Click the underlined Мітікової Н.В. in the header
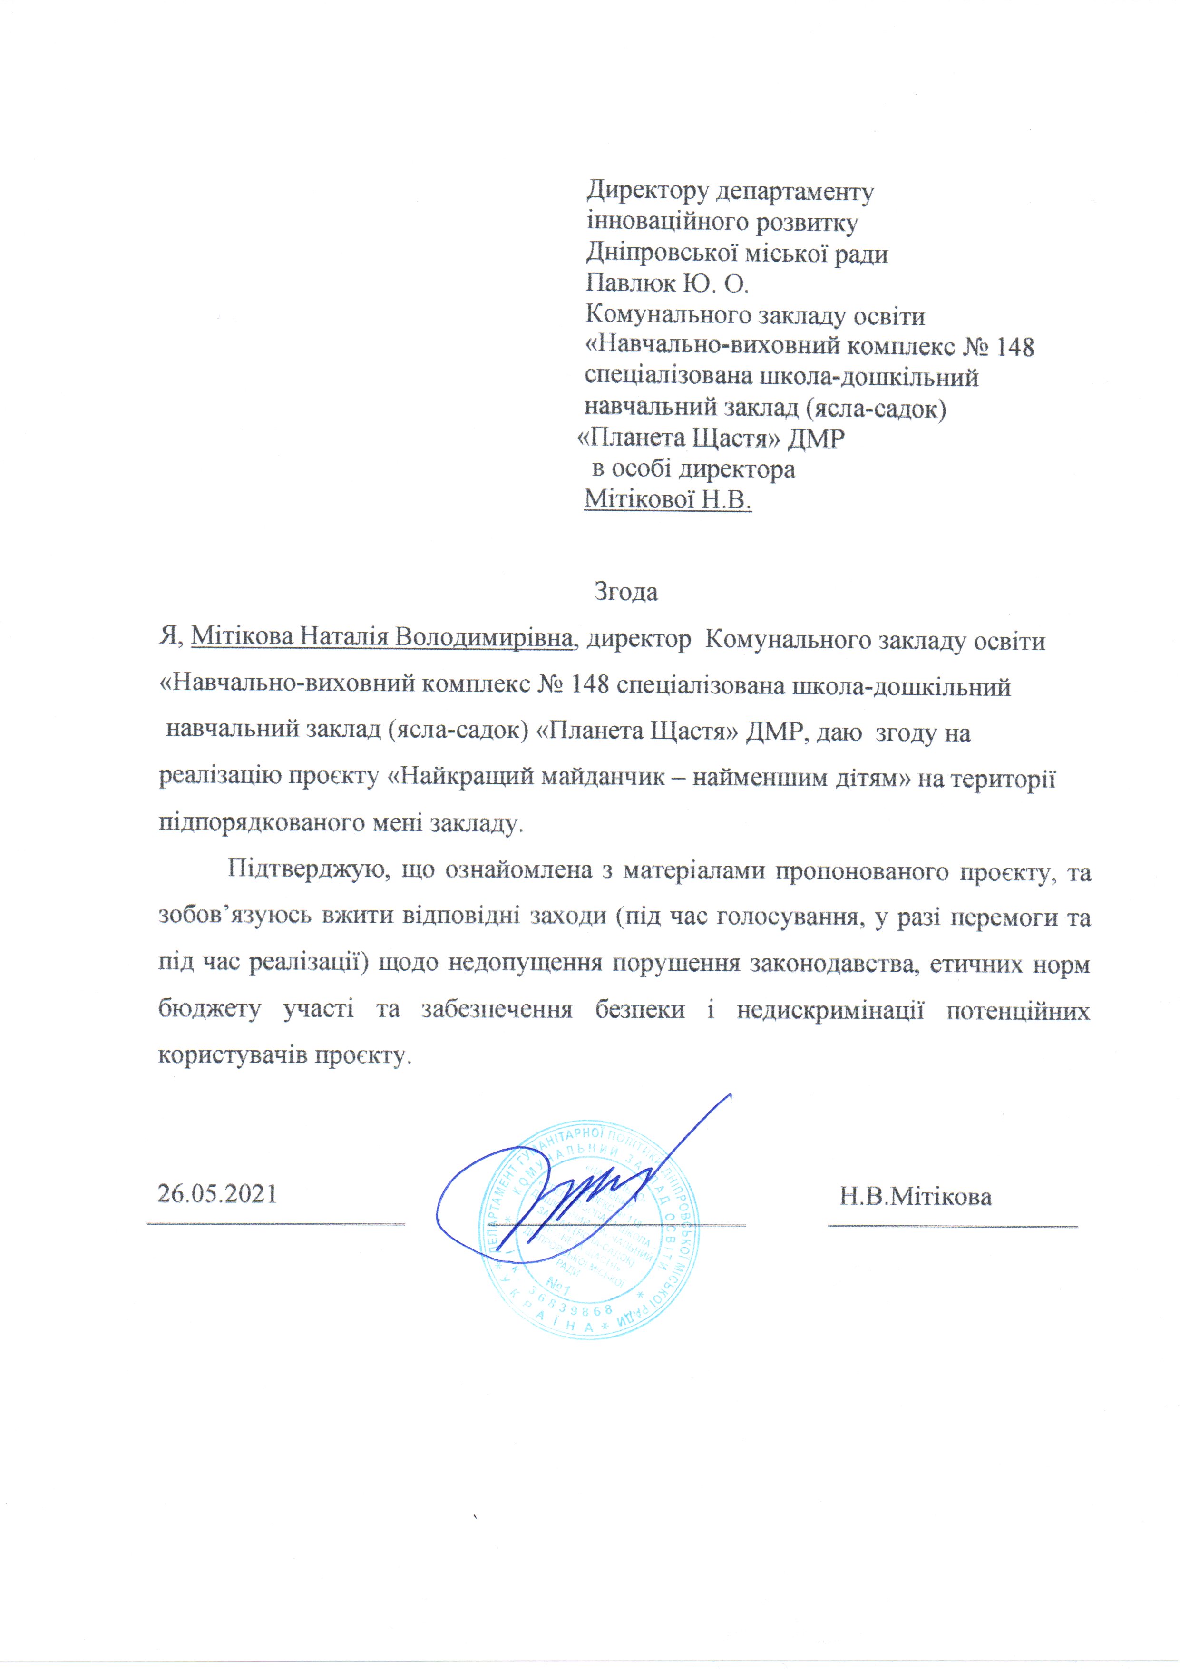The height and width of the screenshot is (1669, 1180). coord(667,500)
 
